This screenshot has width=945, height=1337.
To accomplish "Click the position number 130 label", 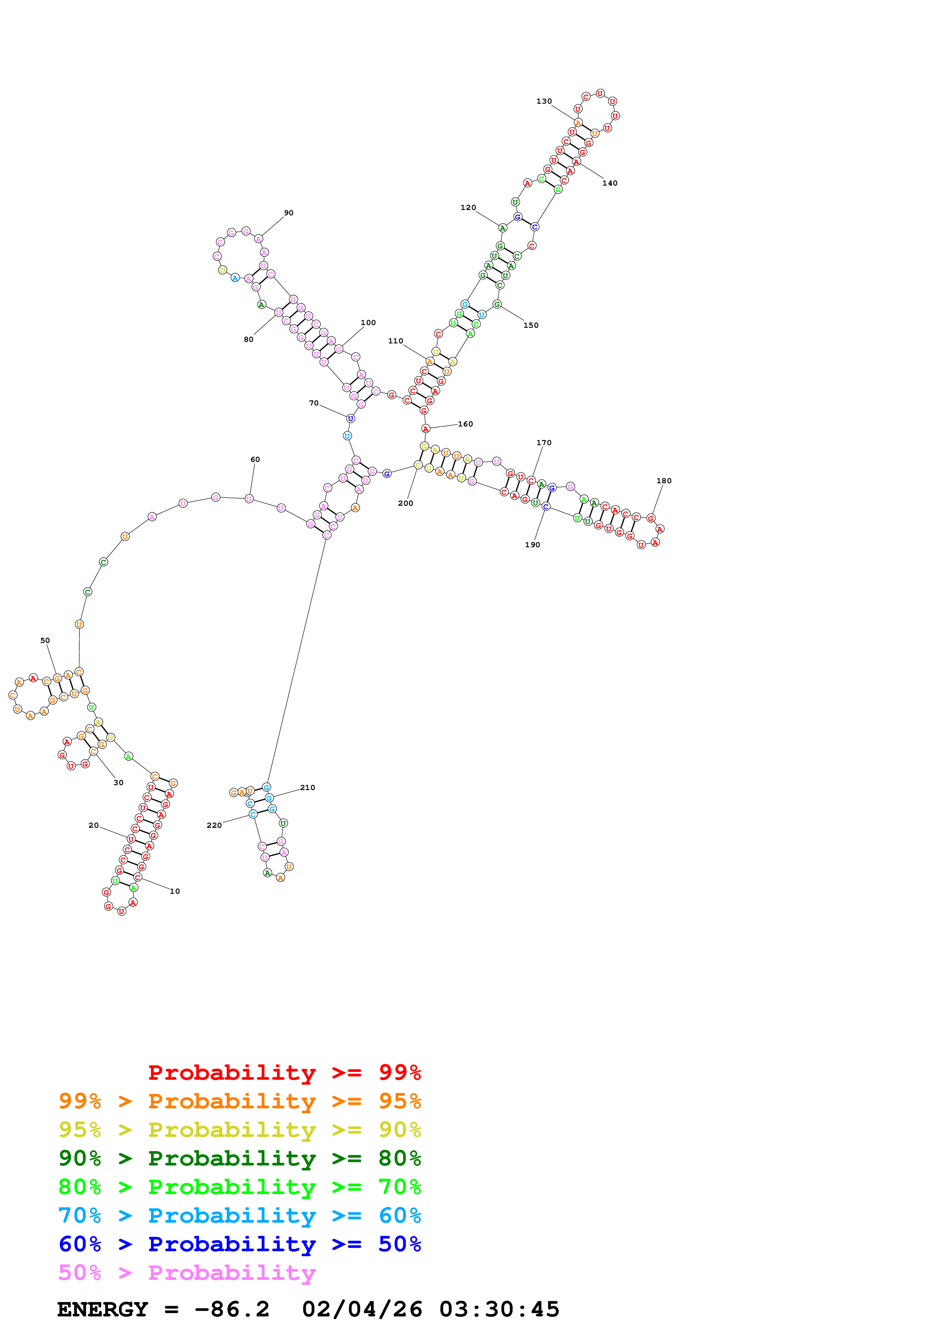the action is click(544, 101).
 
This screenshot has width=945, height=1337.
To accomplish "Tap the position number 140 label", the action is click(610, 183).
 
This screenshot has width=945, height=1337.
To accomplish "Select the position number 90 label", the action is click(289, 213).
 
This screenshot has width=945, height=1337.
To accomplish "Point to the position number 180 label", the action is click(664, 481).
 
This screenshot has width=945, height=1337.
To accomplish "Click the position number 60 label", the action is click(255, 459).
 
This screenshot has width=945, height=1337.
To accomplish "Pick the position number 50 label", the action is click(45, 641).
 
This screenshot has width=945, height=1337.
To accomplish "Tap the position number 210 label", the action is click(307, 788).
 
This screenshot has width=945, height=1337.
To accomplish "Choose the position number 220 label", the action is click(214, 825).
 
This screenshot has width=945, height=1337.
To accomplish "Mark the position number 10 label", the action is click(175, 891).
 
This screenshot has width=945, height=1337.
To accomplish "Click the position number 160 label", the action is click(465, 424).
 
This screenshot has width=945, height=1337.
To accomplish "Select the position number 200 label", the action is click(405, 503).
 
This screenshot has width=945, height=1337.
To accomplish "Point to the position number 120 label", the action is click(468, 208).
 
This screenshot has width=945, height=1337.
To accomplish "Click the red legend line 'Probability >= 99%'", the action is click(284, 1072).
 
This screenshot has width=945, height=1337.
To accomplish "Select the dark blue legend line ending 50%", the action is click(239, 1244).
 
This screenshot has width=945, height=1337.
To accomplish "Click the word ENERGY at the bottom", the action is click(103, 1310).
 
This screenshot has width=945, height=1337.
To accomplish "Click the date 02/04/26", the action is click(362, 1310).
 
